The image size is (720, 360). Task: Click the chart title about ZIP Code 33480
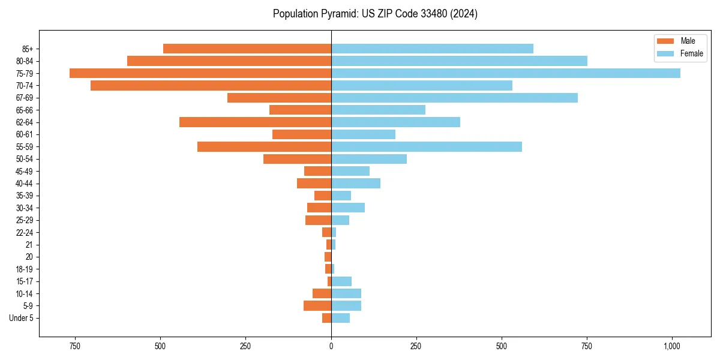point(375,14)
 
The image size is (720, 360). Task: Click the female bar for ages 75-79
point(505,73)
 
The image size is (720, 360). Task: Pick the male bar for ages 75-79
point(200,73)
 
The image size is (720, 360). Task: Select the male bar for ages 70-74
point(211,86)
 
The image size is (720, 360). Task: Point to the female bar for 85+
point(432,49)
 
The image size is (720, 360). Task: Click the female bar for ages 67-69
point(454,98)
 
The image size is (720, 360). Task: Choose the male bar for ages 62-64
point(255,122)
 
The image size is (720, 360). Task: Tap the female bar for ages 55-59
point(426,147)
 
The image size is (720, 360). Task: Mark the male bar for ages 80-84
point(229,61)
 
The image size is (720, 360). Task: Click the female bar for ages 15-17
point(341,281)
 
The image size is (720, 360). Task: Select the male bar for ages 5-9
point(317,306)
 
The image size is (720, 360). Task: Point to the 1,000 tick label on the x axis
point(671,346)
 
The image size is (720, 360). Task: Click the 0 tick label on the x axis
point(331,346)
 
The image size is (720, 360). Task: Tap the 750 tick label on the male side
point(74,346)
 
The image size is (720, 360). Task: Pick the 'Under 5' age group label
point(21,318)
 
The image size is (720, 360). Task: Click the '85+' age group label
point(28,49)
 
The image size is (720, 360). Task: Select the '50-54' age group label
point(25,159)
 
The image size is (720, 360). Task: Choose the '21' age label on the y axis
point(29,245)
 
